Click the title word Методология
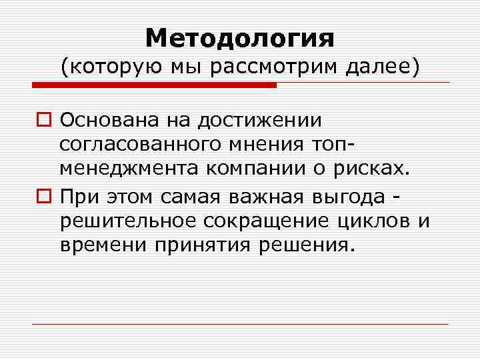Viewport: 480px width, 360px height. (x=240, y=37)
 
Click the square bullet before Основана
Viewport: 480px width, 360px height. (x=45, y=120)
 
